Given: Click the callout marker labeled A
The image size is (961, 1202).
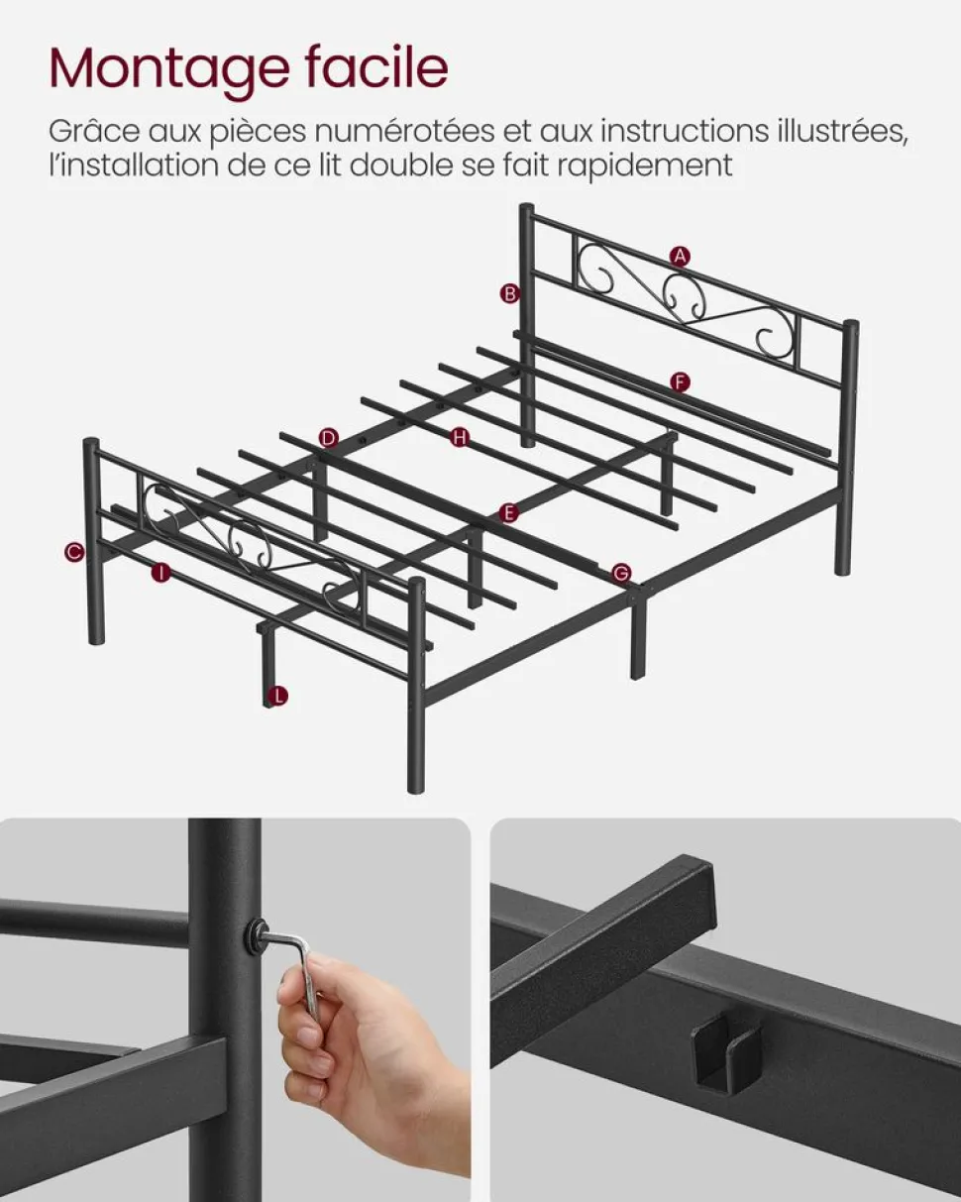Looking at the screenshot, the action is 680,257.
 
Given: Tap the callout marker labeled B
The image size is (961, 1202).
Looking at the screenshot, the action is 510,293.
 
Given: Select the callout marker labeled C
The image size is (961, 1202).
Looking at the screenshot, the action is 73,552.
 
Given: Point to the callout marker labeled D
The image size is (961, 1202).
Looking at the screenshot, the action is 328,438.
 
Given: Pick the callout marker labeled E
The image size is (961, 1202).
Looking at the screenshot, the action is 508,512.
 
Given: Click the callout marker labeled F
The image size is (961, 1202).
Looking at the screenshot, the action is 680,382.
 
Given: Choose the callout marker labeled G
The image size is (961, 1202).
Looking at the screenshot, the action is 621,573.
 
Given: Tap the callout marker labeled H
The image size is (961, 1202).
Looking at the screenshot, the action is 460,437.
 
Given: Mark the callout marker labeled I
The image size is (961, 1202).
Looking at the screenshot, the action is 161,573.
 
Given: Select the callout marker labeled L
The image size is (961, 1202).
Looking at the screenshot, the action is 277,696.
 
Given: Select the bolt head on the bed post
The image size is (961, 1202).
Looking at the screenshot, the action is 257,933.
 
